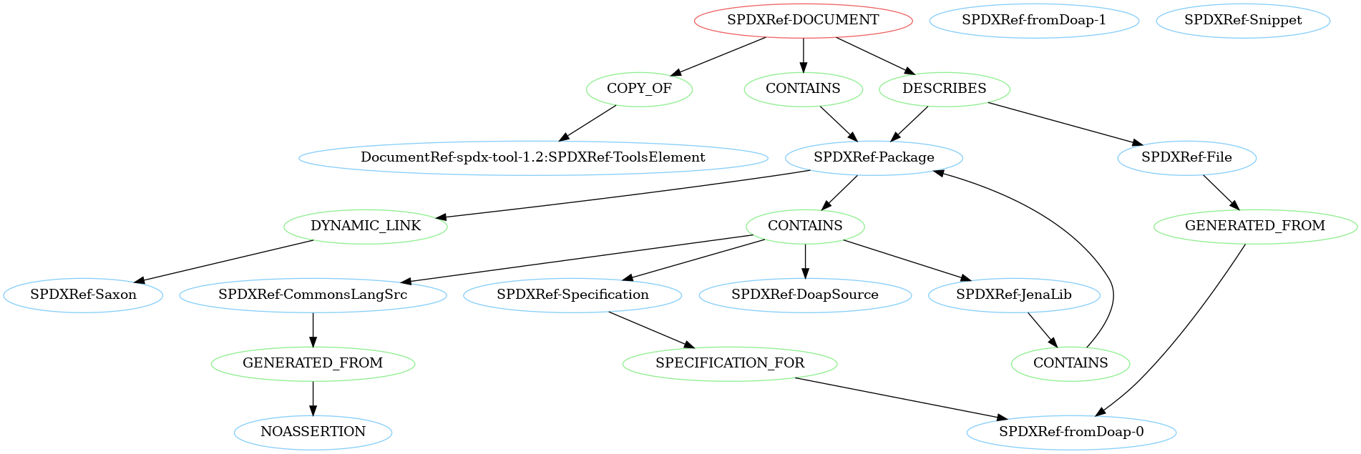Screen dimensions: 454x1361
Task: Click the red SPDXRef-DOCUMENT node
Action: (x=803, y=20)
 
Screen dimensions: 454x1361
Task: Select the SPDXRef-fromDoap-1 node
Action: (x=1033, y=20)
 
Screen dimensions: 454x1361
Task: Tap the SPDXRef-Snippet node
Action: (x=1243, y=20)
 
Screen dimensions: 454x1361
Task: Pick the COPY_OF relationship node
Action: (x=639, y=89)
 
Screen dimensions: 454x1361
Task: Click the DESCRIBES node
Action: (x=944, y=89)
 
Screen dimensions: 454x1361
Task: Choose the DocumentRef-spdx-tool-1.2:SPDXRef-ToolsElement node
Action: (x=532, y=157)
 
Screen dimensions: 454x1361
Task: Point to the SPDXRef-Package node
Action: (x=874, y=157)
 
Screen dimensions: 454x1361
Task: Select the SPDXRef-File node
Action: (x=1186, y=157)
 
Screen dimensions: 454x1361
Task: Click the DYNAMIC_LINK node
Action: (x=366, y=226)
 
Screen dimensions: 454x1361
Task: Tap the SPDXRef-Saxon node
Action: (x=83, y=295)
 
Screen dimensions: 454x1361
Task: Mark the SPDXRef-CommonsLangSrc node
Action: (x=313, y=295)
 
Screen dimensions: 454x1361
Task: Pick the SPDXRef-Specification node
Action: (x=572, y=295)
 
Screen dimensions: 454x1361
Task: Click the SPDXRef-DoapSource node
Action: (x=805, y=295)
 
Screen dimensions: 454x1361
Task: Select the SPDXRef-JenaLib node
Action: (x=1014, y=295)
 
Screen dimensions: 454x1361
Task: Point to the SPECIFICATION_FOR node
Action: (x=730, y=363)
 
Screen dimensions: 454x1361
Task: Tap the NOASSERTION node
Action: (x=313, y=432)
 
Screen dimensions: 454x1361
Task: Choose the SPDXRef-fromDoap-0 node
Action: (x=1071, y=432)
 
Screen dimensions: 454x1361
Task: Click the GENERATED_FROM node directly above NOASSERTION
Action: (x=313, y=363)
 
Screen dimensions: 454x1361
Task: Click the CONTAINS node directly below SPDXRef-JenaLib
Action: (x=1070, y=363)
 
